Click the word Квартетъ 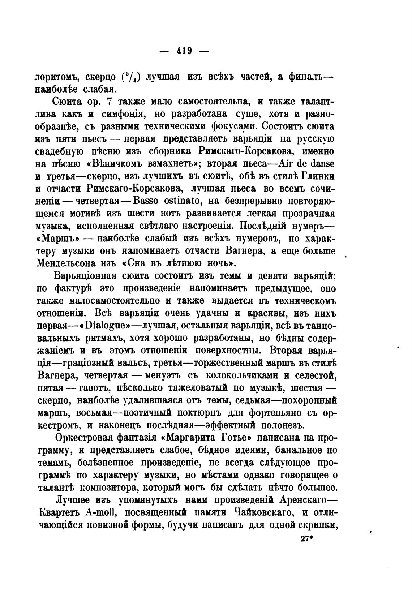57,513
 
